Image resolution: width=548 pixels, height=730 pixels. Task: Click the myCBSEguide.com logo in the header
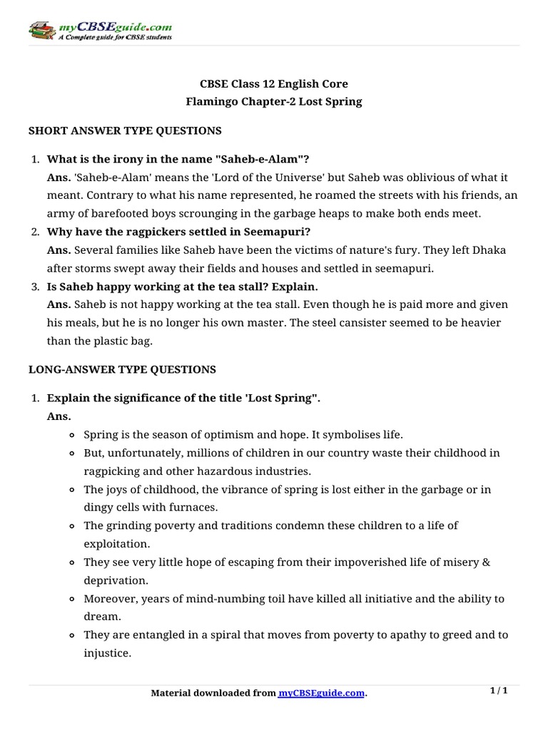click(x=100, y=31)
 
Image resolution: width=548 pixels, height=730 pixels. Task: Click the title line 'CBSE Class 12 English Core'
click(x=273, y=84)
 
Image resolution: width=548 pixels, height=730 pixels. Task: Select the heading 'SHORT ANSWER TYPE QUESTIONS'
click(x=125, y=131)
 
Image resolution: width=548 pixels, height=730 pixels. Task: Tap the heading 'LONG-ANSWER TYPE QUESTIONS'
click(x=122, y=369)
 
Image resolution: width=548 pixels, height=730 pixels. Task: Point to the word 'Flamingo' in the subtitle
click(x=208, y=101)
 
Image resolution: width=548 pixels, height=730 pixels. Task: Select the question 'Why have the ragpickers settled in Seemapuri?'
click(x=179, y=232)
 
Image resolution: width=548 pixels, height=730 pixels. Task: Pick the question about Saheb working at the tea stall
click(x=182, y=286)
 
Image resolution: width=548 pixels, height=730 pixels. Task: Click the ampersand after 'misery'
click(x=487, y=562)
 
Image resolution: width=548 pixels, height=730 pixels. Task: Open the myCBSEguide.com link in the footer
click(x=321, y=694)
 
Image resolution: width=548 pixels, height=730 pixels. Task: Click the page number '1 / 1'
click(x=499, y=691)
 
